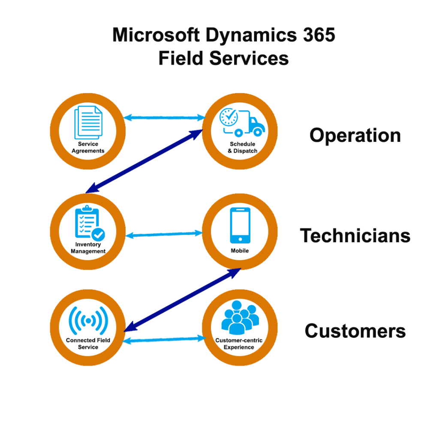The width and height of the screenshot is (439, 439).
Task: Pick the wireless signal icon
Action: coord(88,320)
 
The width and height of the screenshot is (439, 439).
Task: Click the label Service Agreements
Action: coord(88,147)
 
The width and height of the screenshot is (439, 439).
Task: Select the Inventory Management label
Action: coord(88,248)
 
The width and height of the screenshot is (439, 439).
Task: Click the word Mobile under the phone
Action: coord(240,251)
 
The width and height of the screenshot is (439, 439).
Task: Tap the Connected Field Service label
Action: coord(88,343)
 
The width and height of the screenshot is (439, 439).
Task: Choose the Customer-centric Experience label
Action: coord(239,343)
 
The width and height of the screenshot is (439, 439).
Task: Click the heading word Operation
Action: coord(355,135)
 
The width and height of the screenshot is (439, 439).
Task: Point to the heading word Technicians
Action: coord(355,235)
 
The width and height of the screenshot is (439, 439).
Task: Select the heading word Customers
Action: coord(355,331)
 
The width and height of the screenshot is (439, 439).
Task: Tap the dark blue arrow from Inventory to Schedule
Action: coord(144,161)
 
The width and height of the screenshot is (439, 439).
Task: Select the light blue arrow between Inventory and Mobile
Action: coord(165,234)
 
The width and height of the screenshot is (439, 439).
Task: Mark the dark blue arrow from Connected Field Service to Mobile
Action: coord(182,300)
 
